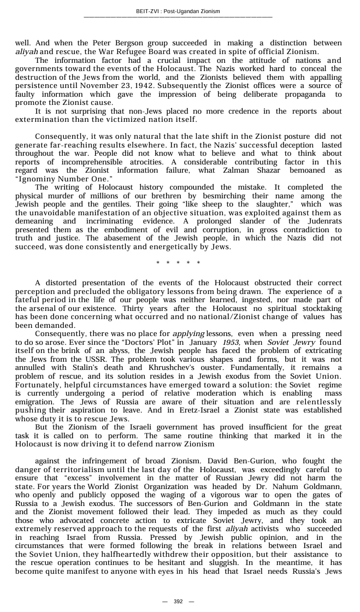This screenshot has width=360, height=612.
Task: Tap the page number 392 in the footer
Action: (178, 601)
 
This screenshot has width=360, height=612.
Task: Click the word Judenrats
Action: (322, 221)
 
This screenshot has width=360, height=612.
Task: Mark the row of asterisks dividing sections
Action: (178, 263)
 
